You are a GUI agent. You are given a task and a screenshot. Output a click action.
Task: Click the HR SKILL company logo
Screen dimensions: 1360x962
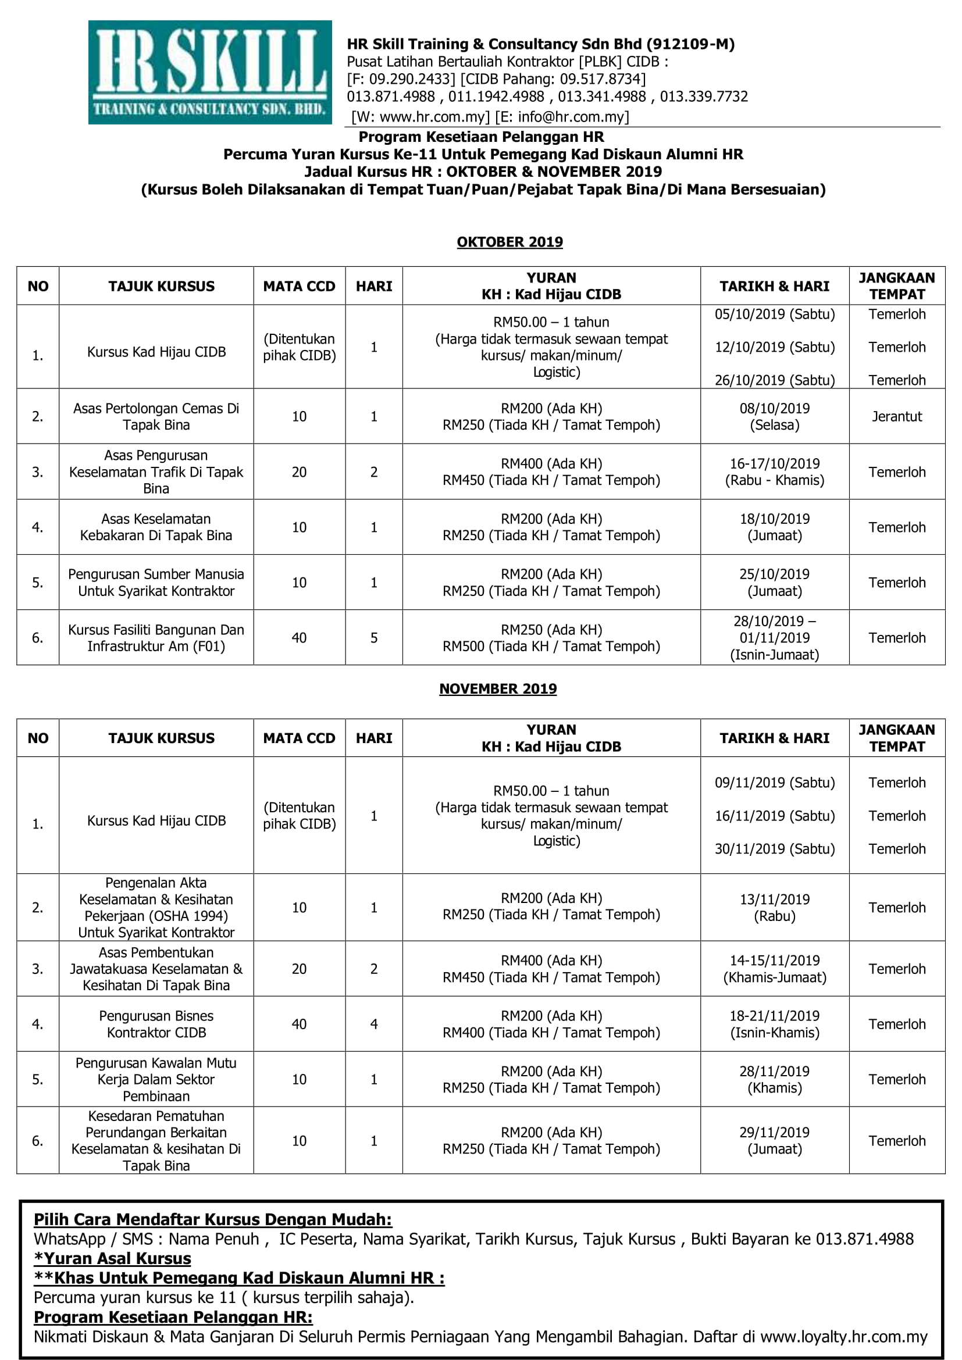(x=210, y=72)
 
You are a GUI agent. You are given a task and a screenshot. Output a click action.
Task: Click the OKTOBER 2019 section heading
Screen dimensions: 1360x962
(x=509, y=242)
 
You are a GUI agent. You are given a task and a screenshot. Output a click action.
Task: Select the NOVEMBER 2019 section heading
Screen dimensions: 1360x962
(x=498, y=688)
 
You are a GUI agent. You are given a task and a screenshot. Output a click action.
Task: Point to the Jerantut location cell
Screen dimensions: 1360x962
(x=896, y=416)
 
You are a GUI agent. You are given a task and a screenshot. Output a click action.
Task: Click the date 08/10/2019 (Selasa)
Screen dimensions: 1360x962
(x=774, y=416)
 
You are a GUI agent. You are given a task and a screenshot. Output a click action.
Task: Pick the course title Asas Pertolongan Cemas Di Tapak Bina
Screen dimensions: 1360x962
(x=156, y=416)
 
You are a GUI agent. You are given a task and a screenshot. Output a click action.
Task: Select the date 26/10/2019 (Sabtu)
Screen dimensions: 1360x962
(x=774, y=380)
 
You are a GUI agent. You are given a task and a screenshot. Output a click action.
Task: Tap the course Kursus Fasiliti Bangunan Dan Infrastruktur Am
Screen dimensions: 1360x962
(x=156, y=638)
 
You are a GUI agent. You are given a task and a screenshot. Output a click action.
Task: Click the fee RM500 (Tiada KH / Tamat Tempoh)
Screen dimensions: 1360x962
(x=551, y=646)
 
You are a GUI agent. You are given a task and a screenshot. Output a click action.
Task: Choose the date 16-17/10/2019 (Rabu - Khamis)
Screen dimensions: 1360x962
(x=774, y=472)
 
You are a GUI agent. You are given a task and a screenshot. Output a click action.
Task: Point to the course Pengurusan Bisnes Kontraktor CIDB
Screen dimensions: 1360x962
(x=156, y=1024)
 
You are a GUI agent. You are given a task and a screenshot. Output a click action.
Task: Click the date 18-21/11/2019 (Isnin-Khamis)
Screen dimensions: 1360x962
(x=774, y=1024)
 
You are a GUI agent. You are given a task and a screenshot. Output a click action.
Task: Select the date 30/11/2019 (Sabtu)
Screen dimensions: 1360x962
(x=774, y=849)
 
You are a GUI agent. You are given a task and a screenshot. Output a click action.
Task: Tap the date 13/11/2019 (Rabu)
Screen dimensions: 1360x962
(x=774, y=908)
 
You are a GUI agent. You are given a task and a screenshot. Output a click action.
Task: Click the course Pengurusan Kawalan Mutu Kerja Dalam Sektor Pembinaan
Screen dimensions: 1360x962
(x=156, y=1079)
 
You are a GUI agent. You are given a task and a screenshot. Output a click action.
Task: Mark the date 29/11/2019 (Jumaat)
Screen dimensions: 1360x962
(x=774, y=1141)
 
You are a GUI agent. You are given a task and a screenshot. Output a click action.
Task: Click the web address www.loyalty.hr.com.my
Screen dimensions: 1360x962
(x=843, y=1337)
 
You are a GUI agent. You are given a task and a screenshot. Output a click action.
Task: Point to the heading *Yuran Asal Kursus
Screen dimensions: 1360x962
(x=113, y=1258)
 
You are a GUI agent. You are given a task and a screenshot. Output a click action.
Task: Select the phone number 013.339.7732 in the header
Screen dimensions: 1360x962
(x=704, y=97)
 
